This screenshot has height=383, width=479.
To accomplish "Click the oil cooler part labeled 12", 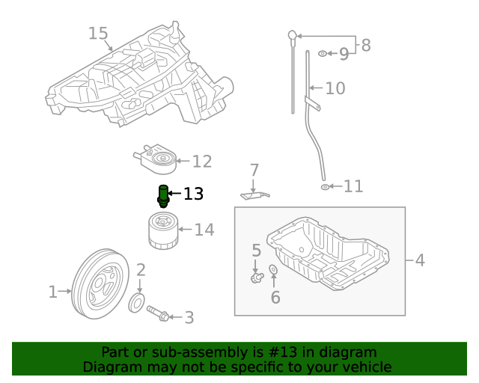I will click(156, 159).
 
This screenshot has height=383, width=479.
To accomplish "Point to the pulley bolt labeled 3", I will click(159, 314).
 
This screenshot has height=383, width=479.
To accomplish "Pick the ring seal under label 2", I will click(138, 303).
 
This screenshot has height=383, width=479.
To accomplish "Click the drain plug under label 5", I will click(257, 278).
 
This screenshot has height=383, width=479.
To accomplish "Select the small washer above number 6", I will click(273, 269).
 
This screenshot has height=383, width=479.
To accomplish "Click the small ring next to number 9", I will click(323, 54).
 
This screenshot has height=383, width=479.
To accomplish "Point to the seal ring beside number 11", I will click(325, 186).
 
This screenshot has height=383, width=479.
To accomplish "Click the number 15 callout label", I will click(98, 34).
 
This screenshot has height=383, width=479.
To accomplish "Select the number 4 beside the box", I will click(420, 260).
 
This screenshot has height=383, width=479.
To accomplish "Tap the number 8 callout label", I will click(365, 45).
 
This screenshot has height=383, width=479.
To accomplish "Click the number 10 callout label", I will click(335, 88).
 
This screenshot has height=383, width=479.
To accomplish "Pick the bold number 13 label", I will click(193, 194).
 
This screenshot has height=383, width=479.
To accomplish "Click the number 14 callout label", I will click(204, 230).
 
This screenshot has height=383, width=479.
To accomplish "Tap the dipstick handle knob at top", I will click(293, 34).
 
